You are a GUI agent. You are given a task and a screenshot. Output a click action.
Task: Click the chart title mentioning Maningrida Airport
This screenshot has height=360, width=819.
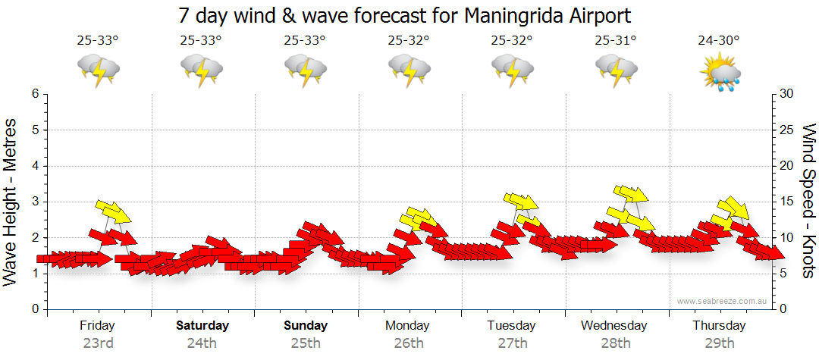[x=404, y=15]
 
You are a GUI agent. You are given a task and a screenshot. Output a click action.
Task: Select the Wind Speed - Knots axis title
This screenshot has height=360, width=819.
[x=808, y=201]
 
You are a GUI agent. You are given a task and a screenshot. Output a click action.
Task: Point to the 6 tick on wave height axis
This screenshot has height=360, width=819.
[x=35, y=94]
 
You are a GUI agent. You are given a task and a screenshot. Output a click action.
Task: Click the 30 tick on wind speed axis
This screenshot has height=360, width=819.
[x=788, y=94]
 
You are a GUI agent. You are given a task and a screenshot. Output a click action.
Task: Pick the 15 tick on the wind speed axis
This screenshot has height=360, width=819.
[x=788, y=202]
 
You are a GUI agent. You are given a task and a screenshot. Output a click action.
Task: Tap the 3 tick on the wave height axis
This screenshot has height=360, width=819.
[x=35, y=202]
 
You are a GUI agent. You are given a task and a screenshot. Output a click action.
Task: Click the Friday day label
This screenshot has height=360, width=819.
[x=98, y=326]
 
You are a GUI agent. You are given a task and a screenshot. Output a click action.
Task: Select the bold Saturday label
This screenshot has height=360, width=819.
[x=202, y=326]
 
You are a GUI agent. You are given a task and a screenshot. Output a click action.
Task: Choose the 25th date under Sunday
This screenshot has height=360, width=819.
[x=306, y=343]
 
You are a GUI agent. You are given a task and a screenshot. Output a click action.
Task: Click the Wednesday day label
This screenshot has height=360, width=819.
[x=614, y=326]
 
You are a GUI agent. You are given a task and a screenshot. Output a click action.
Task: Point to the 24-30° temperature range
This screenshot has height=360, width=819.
[x=719, y=40]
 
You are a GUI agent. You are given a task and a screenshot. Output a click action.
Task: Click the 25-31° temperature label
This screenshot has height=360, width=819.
[x=616, y=40]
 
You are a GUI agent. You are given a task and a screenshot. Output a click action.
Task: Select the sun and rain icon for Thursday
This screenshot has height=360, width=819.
[x=720, y=71]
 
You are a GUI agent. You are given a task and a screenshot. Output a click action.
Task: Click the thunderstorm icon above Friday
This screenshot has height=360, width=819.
[x=98, y=71]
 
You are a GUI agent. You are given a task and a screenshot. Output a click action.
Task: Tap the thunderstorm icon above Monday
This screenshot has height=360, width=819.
[x=409, y=71]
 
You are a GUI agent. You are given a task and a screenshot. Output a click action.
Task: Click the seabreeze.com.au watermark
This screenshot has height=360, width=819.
[x=723, y=301]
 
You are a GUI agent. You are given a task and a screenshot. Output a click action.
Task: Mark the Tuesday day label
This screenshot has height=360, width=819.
[x=511, y=326]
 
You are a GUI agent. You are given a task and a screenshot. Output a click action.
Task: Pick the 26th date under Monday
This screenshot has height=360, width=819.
[x=409, y=343]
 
